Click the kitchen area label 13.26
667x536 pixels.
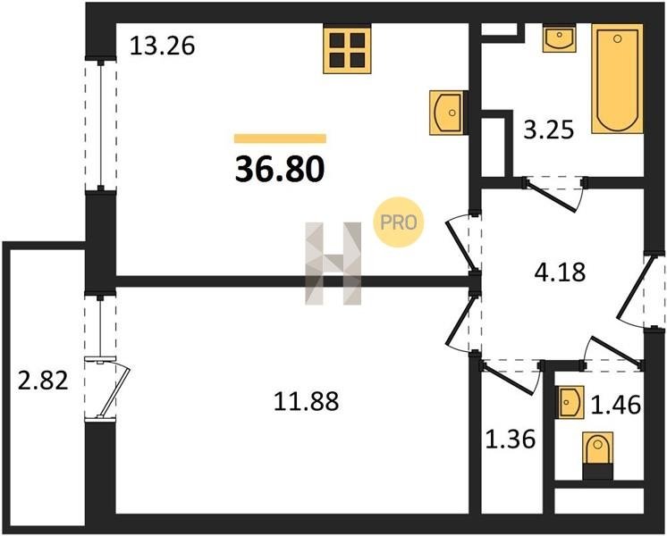162,46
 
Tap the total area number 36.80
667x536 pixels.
280,169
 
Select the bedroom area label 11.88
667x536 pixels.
307,401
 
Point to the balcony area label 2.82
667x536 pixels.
43,380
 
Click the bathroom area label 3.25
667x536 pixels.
549,130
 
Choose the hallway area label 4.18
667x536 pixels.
560,272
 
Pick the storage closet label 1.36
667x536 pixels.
511,440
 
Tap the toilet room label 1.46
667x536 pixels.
616,405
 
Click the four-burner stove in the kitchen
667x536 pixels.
347,49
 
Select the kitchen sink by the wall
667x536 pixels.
448,113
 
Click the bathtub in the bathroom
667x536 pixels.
617,79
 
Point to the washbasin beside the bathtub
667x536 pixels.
560,38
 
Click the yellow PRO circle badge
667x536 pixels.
399,222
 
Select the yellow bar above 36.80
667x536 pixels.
280,138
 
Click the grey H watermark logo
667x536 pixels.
333,264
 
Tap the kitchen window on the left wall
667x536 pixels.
101,125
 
